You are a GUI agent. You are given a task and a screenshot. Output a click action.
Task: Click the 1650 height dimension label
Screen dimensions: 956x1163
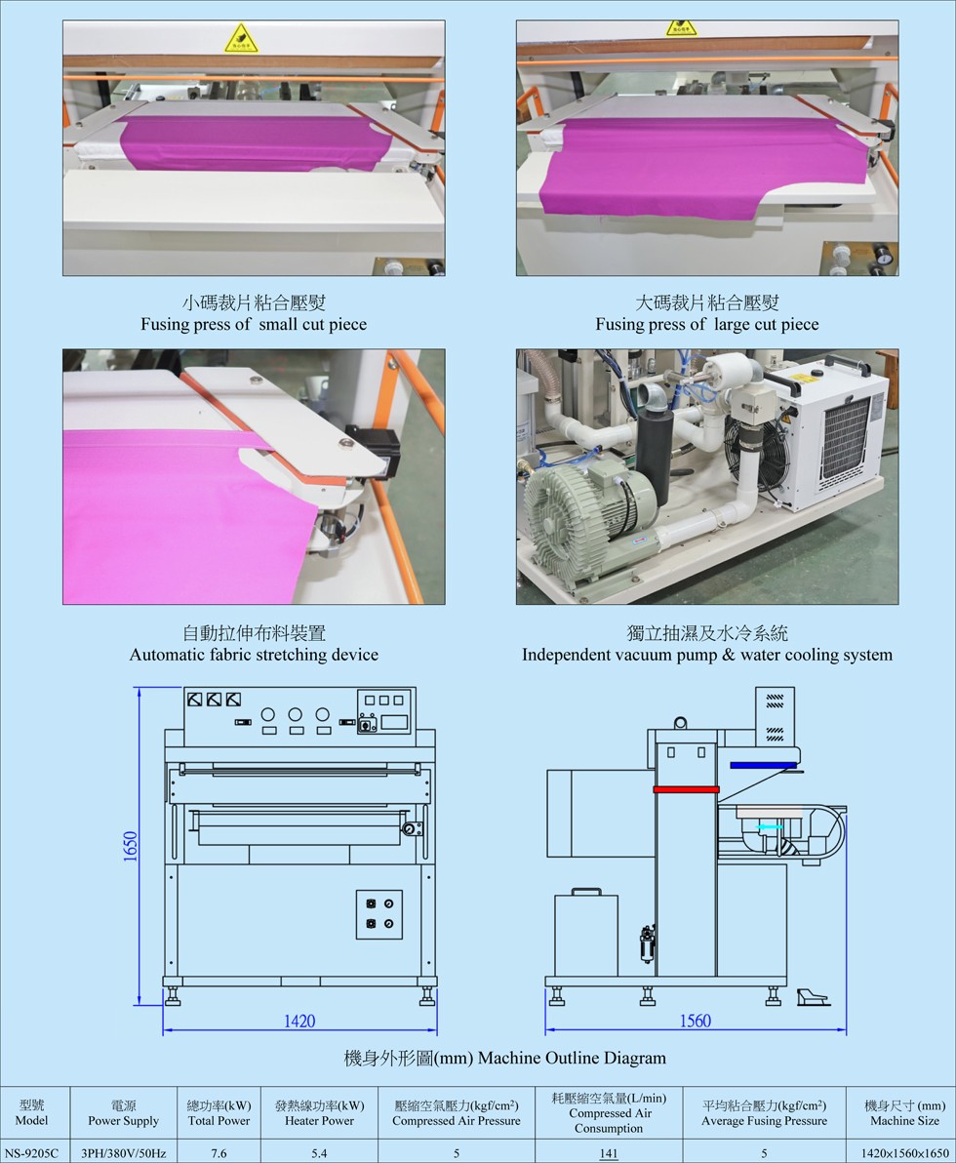[131, 846]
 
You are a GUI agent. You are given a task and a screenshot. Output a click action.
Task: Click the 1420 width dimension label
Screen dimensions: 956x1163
[299, 1021]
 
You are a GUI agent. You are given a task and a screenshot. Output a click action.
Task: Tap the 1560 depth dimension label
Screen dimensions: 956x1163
[696, 1021]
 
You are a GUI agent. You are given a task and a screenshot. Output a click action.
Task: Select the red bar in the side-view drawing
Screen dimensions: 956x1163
[686, 789]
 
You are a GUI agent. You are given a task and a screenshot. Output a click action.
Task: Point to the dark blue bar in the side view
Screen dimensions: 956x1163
[764, 764]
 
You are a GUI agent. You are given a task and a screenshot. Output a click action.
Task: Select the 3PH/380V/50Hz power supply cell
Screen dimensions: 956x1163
[123, 1153]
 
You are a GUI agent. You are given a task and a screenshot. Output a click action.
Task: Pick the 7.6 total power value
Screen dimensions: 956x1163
[219, 1153]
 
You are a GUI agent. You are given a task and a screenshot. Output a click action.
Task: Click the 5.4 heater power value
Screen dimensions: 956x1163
[319, 1153]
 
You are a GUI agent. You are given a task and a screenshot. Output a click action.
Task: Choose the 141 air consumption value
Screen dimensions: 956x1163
[608, 1153]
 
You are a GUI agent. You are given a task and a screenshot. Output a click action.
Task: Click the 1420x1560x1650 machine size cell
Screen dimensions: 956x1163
[905, 1153]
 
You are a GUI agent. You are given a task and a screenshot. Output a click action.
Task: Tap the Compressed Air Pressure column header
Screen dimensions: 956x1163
[457, 1113]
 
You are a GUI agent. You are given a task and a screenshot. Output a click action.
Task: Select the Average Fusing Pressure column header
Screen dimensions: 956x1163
[764, 1113]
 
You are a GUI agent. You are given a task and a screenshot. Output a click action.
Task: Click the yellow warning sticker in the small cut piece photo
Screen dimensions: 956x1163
[241, 39]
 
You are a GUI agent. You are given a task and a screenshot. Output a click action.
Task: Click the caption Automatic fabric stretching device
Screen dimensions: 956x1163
[254, 655]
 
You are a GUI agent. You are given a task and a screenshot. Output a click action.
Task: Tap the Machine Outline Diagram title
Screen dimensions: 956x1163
[504, 1058]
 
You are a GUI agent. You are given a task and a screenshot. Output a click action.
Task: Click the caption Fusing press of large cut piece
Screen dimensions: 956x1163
[707, 324]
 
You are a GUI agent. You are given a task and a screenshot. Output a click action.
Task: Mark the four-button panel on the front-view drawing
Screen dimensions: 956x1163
[379, 914]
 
